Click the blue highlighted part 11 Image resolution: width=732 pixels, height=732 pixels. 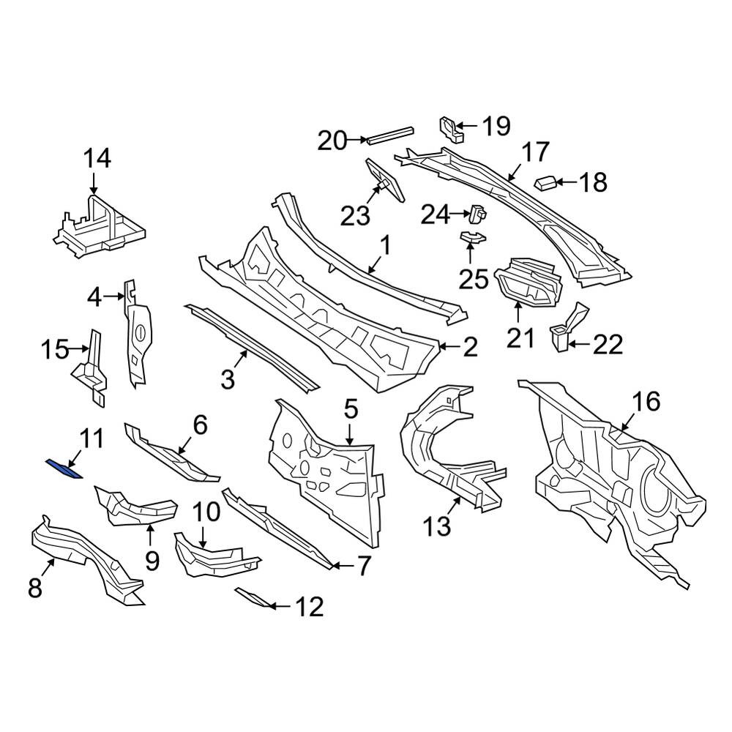[x=64, y=468]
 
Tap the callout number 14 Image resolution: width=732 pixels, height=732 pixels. [x=97, y=158]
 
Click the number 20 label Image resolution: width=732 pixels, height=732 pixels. [x=332, y=141]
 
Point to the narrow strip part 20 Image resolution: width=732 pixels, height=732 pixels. [x=390, y=135]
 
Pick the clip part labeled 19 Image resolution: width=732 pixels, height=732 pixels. [x=451, y=130]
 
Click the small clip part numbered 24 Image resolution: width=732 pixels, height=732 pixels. [x=477, y=214]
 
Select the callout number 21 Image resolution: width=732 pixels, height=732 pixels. [x=520, y=337]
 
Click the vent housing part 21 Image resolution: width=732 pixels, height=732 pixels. [x=528, y=283]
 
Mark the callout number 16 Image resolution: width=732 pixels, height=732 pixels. [x=646, y=401]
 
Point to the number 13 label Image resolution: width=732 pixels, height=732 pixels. [x=437, y=526]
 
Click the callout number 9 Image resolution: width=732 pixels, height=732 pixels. [x=152, y=561]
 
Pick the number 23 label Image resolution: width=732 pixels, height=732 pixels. [x=355, y=216]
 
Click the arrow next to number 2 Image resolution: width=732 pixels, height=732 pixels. [x=449, y=347]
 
